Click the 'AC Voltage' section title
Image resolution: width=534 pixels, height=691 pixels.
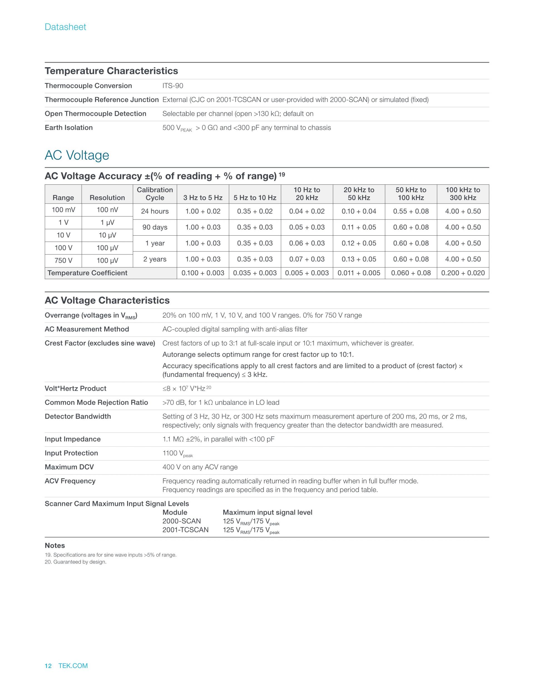(x=77, y=155)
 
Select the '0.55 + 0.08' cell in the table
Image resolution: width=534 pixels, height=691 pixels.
(x=411, y=211)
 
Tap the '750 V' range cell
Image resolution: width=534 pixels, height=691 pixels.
(x=63, y=260)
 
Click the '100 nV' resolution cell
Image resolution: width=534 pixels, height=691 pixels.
(x=107, y=210)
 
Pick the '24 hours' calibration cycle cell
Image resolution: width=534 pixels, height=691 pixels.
(x=155, y=211)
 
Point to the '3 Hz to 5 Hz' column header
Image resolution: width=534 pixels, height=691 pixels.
(x=203, y=198)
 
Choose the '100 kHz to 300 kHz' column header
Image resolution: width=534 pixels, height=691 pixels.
(x=463, y=194)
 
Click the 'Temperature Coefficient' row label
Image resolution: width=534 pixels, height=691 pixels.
(x=87, y=273)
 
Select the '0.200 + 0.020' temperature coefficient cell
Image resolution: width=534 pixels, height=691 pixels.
(x=463, y=273)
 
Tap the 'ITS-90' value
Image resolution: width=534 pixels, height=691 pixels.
(x=173, y=86)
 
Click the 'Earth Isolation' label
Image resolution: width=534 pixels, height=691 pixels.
(x=69, y=127)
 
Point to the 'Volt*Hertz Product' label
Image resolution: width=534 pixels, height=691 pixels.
(x=75, y=389)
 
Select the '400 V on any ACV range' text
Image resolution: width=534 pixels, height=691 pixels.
(x=200, y=467)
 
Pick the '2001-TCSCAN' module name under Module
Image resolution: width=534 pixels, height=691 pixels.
(x=186, y=530)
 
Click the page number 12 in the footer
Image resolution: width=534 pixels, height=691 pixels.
(x=48, y=666)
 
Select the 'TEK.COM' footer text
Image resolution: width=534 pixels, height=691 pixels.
(x=73, y=666)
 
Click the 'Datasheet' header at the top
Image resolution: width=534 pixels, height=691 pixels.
(x=65, y=27)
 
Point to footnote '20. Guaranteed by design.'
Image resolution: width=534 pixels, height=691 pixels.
(x=75, y=562)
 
